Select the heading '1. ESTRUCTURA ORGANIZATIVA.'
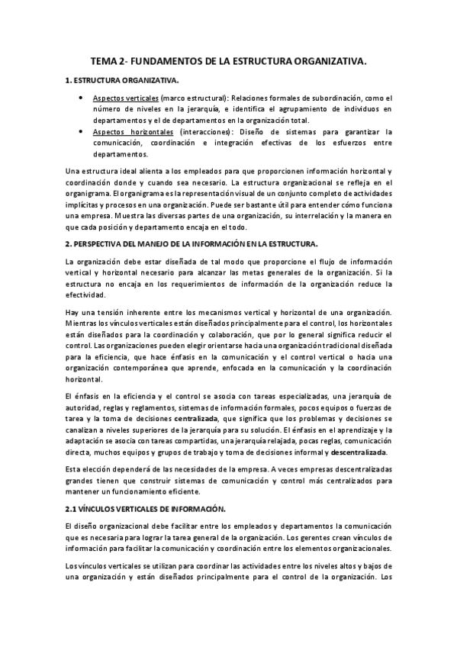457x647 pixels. click(x=123, y=80)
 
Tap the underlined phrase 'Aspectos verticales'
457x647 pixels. click(x=126, y=98)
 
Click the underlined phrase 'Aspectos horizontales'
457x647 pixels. click(x=131, y=131)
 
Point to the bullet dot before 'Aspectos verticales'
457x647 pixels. click(x=82, y=98)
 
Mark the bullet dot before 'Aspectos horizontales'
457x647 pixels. click(x=82, y=131)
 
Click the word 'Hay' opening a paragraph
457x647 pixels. click(x=73, y=314)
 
